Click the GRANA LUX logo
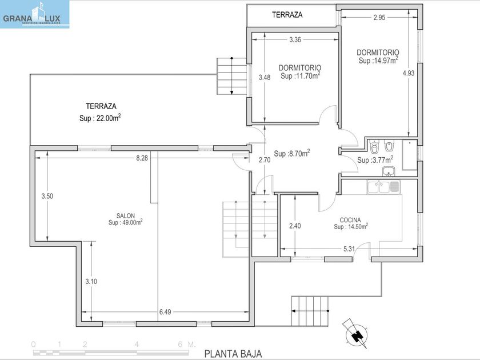[x=35, y=14]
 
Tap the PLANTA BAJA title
[x=233, y=354]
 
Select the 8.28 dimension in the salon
[x=142, y=158]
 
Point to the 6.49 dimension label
[x=165, y=312]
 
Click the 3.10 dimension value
[x=91, y=281]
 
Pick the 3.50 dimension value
[x=47, y=196]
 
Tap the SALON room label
[x=126, y=216]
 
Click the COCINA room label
[x=350, y=220]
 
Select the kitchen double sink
[x=383, y=187]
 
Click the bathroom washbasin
[x=389, y=171]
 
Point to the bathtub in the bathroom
[x=410, y=155]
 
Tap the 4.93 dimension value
[x=409, y=73]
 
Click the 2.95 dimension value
[x=379, y=18]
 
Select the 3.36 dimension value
[x=295, y=39]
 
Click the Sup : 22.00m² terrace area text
[x=100, y=118]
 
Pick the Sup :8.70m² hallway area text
[x=292, y=153]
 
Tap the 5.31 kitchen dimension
[x=349, y=249]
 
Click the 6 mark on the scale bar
[x=181, y=344]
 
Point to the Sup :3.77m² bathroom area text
[x=375, y=159]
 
